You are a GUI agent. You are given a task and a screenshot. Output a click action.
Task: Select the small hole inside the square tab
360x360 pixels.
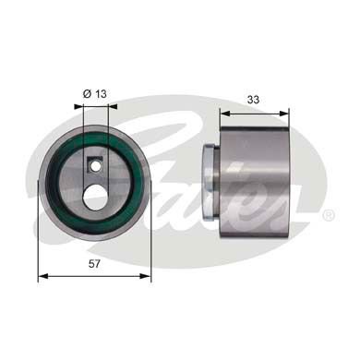[x=92, y=166]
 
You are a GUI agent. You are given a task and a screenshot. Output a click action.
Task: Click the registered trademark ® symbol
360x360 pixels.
[x=329, y=215]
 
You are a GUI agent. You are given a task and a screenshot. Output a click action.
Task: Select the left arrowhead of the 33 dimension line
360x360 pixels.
[x=222, y=113]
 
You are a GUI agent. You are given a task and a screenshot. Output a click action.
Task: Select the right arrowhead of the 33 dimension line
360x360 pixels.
[x=288, y=113]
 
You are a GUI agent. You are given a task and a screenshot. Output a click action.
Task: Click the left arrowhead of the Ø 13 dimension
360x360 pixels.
[x=79, y=106]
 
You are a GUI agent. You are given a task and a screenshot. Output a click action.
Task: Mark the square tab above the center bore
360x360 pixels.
[x=92, y=167]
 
